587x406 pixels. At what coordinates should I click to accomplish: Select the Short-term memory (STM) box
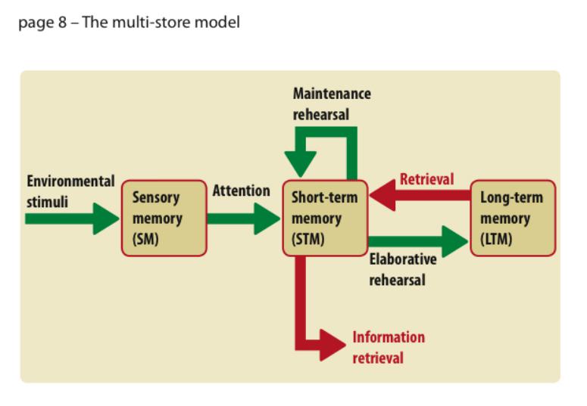(325, 218)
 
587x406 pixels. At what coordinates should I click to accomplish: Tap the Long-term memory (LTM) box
(512, 218)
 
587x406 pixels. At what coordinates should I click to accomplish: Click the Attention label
(241, 191)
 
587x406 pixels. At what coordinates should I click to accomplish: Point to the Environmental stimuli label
(70, 191)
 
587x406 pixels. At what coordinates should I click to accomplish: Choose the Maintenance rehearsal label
(332, 104)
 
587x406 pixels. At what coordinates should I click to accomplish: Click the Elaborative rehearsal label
(403, 269)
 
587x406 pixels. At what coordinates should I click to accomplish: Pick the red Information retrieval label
(389, 347)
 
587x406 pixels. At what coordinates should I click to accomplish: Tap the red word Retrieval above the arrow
(426, 179)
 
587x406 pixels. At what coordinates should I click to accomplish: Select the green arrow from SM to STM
(242, 218)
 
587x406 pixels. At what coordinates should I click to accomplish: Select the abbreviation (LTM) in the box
(496, 239)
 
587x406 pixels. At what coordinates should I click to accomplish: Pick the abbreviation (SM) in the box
(145, 239)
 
